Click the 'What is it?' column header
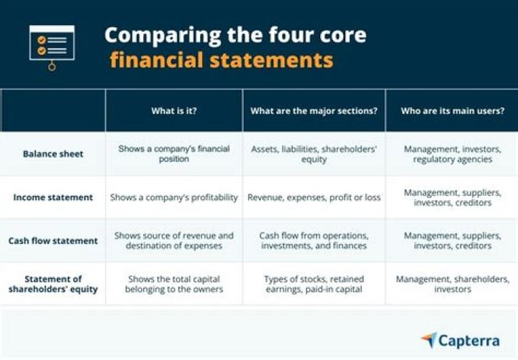[x=173, y=111]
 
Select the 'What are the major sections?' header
[x=314, y=111]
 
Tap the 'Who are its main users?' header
[x=452, y=111]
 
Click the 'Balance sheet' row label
[x=53, y=154]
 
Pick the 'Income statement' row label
[x=53, y=197]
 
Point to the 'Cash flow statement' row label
[x=53, y=240]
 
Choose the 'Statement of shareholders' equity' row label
[x=53, y=284]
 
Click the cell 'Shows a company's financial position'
[x=173, y=154]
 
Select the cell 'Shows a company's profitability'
[x=173, y=197]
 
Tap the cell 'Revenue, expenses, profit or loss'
[x=314, y=197]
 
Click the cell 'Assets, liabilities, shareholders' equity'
[x=314, y=154]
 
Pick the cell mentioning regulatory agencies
[x=452, y=154]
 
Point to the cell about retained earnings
[x=314, y=284]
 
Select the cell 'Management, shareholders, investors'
[x=452, y=284]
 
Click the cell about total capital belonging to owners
[x=173, y=284]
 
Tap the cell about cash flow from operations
[x=314, y=240]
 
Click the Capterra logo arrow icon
[x=429, y=340]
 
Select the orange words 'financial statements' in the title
[x=221, y=59]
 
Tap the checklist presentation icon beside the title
[x=51, y=46]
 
